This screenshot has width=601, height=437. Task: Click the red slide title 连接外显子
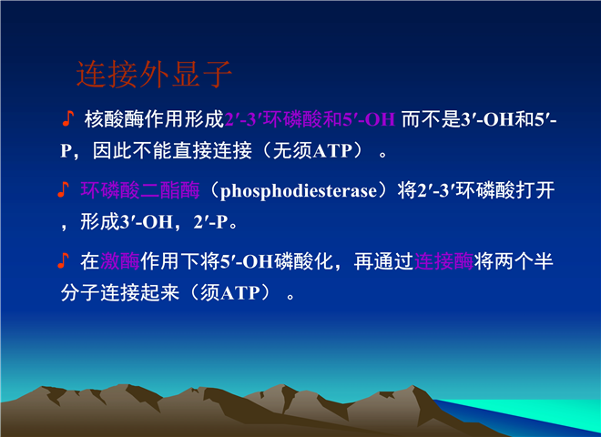(x=154, y=75)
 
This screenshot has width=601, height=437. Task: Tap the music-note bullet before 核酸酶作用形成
(x=68, y=118)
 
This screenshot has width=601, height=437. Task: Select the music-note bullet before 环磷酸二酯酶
(x=63, y=189)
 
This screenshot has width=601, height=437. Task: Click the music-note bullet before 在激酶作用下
(x=63, y=260)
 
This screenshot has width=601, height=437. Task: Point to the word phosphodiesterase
(x=299, y=191)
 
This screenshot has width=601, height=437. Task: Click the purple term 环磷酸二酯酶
(x=140, y=190)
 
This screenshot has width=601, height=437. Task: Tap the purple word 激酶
(x=120, y=261)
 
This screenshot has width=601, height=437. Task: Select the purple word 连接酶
(x=443, y=261)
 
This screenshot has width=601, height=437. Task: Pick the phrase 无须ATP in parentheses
(x=312, y=150)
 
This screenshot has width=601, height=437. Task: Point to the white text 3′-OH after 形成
(x=147, y=222)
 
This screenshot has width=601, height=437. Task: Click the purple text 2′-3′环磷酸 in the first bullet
(x=274, y=119)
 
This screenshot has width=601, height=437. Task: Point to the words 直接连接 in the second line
(x=212, y=150)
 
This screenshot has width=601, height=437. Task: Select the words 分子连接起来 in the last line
(x=120, y=293)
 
